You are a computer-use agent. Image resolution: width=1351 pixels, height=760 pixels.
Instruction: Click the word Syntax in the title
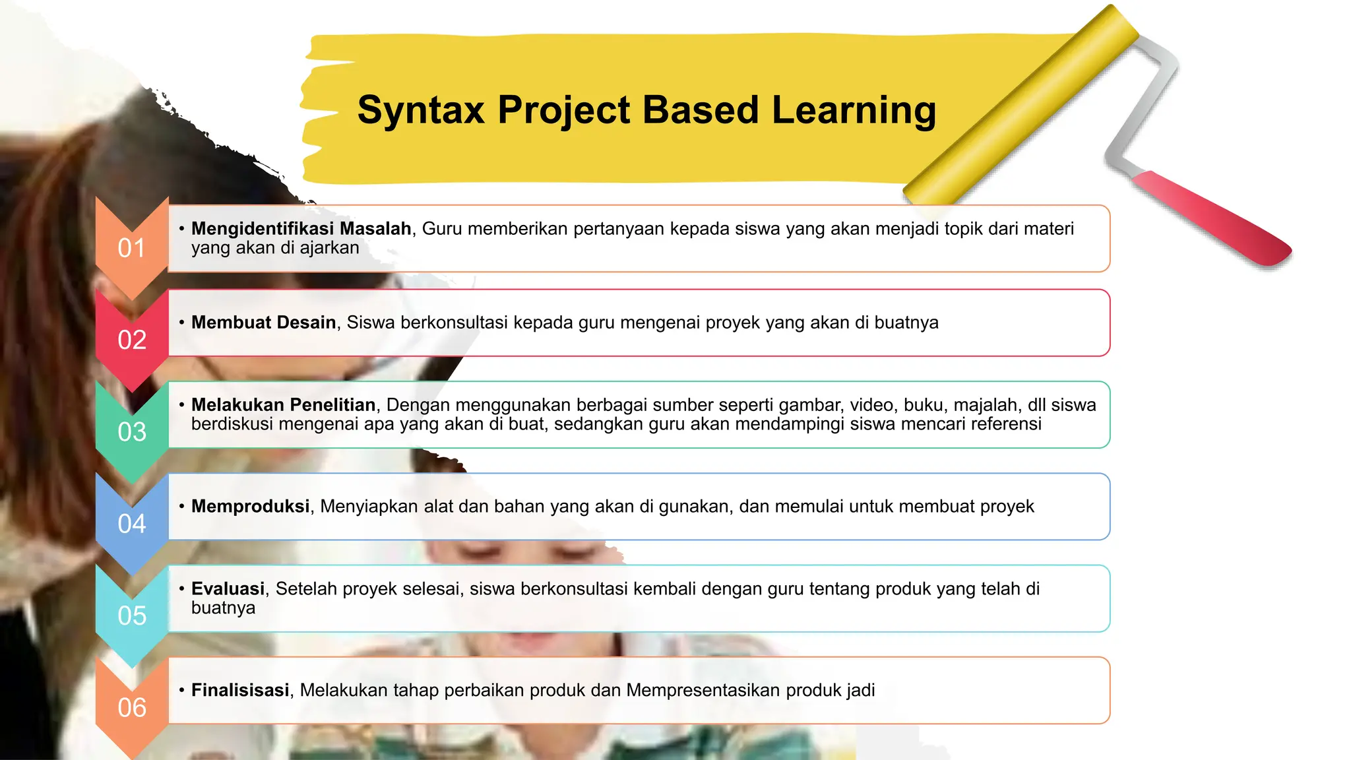421,110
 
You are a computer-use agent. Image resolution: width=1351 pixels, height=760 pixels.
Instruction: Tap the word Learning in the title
854,110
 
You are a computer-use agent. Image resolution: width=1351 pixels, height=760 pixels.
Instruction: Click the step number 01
131,249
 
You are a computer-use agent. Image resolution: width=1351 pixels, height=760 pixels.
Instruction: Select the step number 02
131,340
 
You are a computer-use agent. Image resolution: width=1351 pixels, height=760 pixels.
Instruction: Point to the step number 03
131,432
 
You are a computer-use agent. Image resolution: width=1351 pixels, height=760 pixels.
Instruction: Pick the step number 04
131,524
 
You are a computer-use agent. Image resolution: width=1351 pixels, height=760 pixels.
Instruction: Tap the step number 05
131,616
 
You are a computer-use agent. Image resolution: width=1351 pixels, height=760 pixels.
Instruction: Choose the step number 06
131,708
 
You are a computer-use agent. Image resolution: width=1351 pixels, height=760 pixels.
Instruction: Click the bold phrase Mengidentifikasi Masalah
301,229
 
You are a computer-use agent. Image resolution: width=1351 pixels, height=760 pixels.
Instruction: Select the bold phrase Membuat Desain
263,323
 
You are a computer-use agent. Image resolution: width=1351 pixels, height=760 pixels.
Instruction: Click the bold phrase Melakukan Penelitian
283,404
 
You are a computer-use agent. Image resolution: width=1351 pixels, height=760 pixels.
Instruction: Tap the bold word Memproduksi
250,506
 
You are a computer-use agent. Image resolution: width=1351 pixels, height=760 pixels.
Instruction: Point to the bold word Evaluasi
228,588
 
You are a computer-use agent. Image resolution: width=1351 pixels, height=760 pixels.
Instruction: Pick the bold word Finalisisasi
240,690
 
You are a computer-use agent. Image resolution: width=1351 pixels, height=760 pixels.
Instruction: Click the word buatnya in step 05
223,608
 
